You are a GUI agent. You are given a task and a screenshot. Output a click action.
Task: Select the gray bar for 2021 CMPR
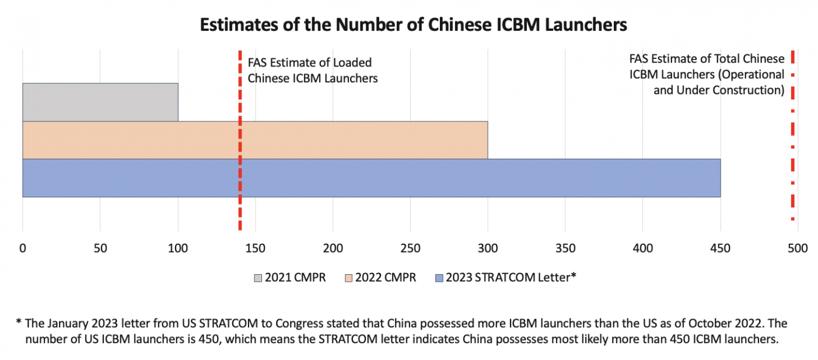coord(100,102)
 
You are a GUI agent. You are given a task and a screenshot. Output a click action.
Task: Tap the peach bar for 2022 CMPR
coord(255,140)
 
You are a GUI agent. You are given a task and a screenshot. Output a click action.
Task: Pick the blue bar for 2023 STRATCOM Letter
coord(371,178)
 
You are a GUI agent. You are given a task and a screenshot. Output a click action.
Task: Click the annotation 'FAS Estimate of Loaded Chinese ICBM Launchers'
coord(313,70)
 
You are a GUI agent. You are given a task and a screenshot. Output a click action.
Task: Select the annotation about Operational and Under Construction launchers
coord(707,75)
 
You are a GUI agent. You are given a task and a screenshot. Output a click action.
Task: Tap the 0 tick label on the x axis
coord(22,249)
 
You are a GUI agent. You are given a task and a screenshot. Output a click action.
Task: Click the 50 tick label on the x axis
coord(100,249)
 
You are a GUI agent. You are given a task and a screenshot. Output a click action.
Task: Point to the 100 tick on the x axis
coord(177,249)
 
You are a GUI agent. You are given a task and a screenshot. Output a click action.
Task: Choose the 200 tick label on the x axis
coord(333,249)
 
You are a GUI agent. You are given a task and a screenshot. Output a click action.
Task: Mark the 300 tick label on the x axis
coord(488,249)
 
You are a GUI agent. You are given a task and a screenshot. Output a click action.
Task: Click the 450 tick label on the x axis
coord(720,249)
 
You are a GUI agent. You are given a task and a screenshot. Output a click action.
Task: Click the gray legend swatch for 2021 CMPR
coord(258,278)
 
